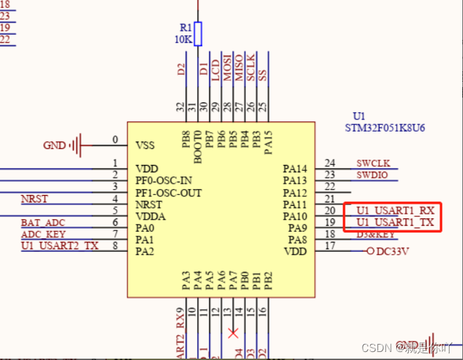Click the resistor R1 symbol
pyautogui.click(x=198, y=32)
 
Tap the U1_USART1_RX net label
pyautogui.click(x=395, y=210)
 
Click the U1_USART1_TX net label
pyautogui.click(x=395, y=222)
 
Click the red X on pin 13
pyautogui.click(x=232, y=332)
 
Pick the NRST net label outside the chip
pyautogui.click(x=35, y=198)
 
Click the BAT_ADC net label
pyautogui.click(x=43, y=222)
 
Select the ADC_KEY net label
pyautogui.click(x=44, y=234)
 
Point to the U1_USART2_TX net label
pyautogui.click(x=59, y=246)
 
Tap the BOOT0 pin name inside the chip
pyautogui.click(x=198, y=146)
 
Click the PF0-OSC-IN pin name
pyautogui.click(x=164, y=180)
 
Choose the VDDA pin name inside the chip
pyautogui.click(x=150, y=216)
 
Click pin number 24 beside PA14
pyautogui.click(x=329, y=163)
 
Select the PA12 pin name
pyautogui.click(x=295, y=193)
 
